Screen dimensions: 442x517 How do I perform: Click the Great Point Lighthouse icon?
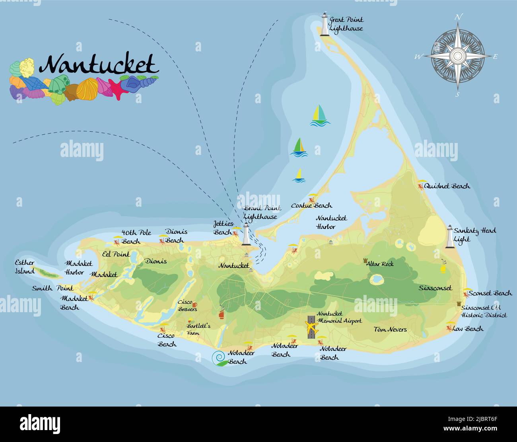[x=325, y=25]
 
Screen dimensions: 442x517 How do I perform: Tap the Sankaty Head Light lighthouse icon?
[x=450, y=237]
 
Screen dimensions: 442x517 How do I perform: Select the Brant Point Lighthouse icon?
[x=246, y=234]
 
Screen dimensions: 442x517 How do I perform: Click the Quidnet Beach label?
[x=447, y=186]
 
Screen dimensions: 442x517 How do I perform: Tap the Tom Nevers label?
[x=390, y=329]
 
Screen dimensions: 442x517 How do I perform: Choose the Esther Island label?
[x=25, y=267]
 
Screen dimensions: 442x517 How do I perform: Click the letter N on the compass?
[x=458, y=17]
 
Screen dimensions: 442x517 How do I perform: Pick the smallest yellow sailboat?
[x=299, y=176]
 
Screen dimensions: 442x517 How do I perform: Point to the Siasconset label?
[x=435, y=288]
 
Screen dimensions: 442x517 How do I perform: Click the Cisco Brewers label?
[x=187, y=306]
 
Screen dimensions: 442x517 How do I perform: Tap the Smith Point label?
[x=52, y=288]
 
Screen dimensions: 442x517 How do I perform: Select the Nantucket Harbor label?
[x=331, y=222]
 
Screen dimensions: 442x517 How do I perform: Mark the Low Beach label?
[x=468, y=329]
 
